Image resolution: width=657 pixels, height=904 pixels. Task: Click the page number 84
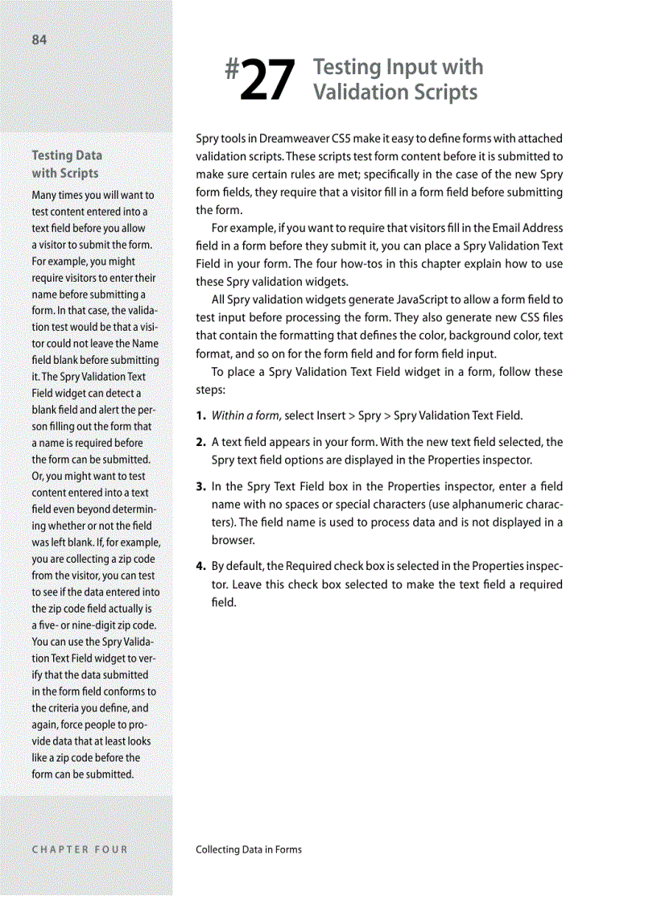(x=39, y=40)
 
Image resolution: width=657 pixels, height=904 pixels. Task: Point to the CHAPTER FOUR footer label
(x=80, y=848)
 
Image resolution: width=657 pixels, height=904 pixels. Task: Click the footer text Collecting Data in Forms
(x=249, y=848)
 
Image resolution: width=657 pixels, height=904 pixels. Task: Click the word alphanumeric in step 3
(x=482, y=505)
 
